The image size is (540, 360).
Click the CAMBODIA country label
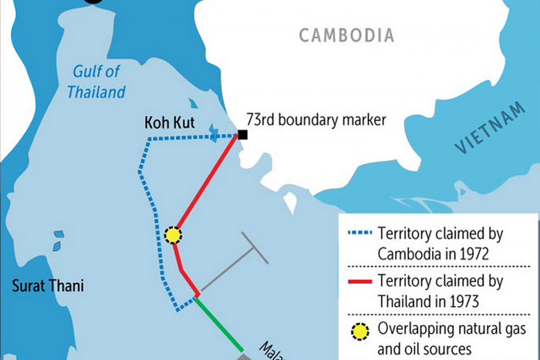pyautogui.click(x=346, y=35)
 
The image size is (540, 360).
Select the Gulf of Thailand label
pyautogui.click(x=99, y=82)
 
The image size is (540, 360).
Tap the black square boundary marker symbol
pyautogui.click(x=242, y=136)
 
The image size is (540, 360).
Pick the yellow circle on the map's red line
pyautogui.click(x=174, y=235)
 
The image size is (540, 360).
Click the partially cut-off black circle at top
pyautogui.click(x=92, y=2)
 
